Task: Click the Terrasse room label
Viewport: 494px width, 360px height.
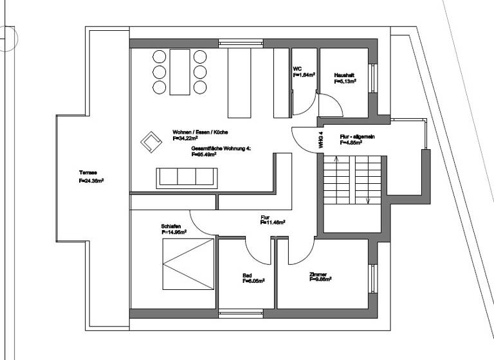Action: [87, 173]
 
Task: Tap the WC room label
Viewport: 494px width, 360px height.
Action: [297, 68]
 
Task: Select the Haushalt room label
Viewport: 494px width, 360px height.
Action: [344, 75]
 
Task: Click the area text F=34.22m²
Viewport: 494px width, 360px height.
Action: [185, 138]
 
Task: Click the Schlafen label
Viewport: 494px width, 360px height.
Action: [170, 226]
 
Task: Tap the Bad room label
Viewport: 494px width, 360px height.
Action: [247, 275]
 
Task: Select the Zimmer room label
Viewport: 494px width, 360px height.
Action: [318, 274]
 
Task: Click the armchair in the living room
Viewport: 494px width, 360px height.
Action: [151, 141]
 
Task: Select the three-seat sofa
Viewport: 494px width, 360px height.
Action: [187, 177]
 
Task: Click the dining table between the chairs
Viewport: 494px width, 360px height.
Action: [179, 71]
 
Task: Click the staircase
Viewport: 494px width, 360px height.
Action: [352, 181]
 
